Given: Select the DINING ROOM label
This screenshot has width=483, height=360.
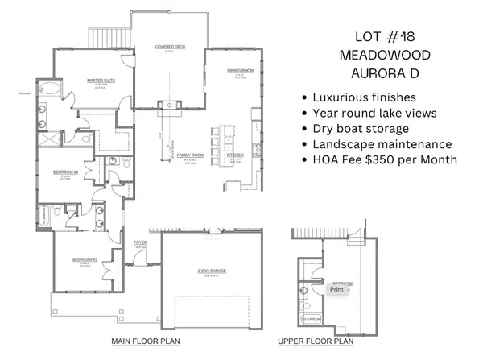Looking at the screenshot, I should pos(240,72).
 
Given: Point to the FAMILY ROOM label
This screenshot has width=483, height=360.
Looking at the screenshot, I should pos(190,154).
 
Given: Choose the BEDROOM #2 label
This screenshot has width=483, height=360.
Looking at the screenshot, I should pos(65,172).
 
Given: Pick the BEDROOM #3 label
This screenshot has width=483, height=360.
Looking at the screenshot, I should pos(85,259).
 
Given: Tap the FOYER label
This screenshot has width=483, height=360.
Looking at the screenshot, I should pos(140,242).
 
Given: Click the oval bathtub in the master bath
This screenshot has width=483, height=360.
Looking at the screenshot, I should pos(47,89).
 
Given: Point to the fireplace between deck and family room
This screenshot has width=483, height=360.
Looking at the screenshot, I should pos(170,105).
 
